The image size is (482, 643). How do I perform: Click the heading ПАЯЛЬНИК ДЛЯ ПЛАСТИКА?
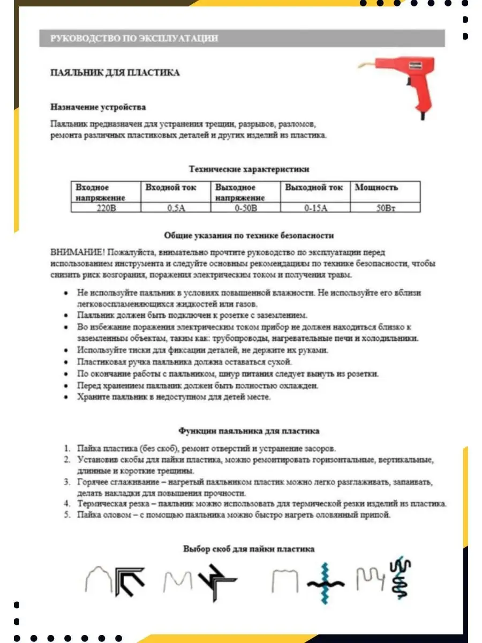click(x=115, y=72)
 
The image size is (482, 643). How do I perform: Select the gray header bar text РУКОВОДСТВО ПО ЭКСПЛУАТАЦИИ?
click(x=134, y=39)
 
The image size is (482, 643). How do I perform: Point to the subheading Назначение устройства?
click(x=98, y=107)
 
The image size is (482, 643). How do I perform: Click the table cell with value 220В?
click(x=106, y=208)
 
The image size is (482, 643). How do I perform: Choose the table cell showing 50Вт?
click(x=385, y=208)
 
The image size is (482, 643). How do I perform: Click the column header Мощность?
click(x=376, y=188)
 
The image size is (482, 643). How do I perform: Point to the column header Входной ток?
click(x=171, y=188)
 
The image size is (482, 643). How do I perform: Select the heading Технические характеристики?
click(x=249, y=169)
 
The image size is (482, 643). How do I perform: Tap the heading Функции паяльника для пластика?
click(x=248, y=430)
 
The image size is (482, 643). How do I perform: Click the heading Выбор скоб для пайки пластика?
click(x=248, y=549)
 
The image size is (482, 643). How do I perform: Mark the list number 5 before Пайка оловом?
click(x=67, y=515)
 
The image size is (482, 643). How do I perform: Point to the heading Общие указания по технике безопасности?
click(x=248, y=235)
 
